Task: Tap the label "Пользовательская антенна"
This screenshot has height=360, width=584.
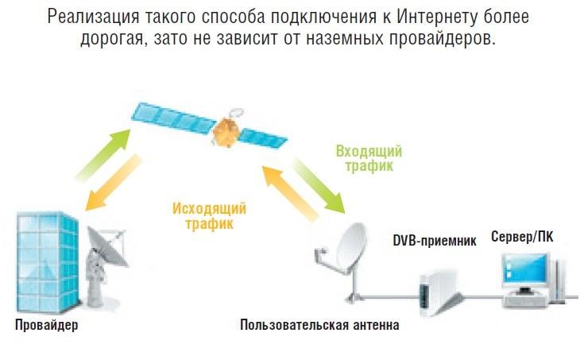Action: coord(319,326)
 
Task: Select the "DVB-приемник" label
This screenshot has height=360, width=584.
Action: coord(435,241)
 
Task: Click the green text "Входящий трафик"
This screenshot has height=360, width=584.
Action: coord(369,158)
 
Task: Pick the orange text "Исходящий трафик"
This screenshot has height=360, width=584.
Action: coord(209,216)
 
